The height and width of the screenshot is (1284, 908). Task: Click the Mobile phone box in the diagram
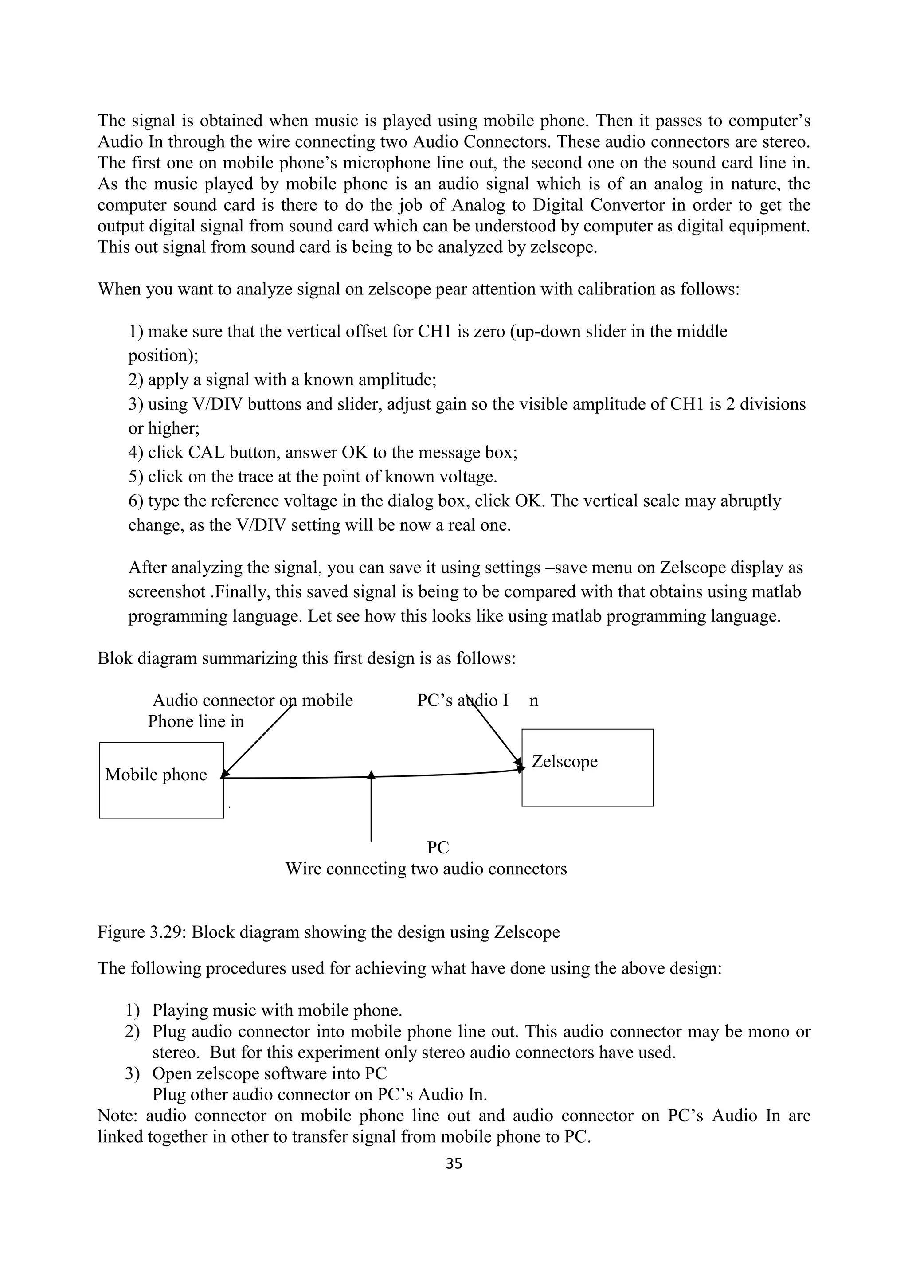point(161,780)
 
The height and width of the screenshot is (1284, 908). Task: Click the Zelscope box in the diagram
point(587,768)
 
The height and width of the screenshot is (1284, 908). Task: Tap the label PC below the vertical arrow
point(438,847)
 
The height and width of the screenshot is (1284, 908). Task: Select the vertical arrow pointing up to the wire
point(371,808)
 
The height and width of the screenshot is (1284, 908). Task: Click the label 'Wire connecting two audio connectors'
point(426,869)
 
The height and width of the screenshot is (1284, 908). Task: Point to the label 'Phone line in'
point(196,721)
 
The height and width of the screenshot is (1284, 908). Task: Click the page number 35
point(454,1164)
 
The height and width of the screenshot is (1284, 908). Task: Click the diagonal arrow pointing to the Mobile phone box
point(257,741)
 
